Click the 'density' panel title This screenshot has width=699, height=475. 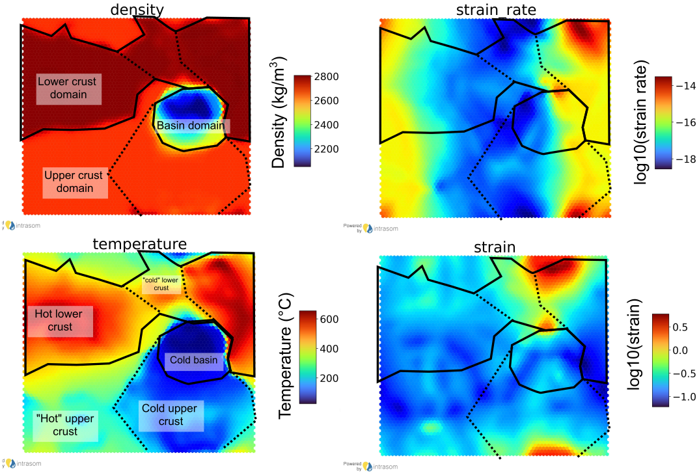pos(137,9)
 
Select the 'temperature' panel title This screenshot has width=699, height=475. pos(140,244)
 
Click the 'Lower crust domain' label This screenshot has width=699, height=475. pos(66,88)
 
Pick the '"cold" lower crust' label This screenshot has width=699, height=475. pos(161,284)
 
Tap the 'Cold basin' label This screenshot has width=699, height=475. pos(193,360)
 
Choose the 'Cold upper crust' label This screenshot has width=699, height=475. pos(169,414)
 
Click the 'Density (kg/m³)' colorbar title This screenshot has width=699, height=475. pos(279,113)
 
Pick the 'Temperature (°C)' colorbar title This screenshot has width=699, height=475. pos(284,357)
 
